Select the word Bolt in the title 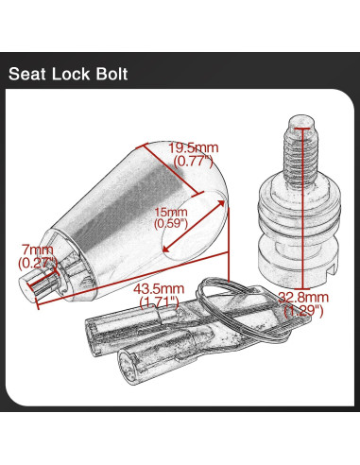tap(120, 74)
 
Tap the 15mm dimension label tap(172, 212)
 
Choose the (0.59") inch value tap(172, 225)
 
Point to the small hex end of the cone tap(46, 282)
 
